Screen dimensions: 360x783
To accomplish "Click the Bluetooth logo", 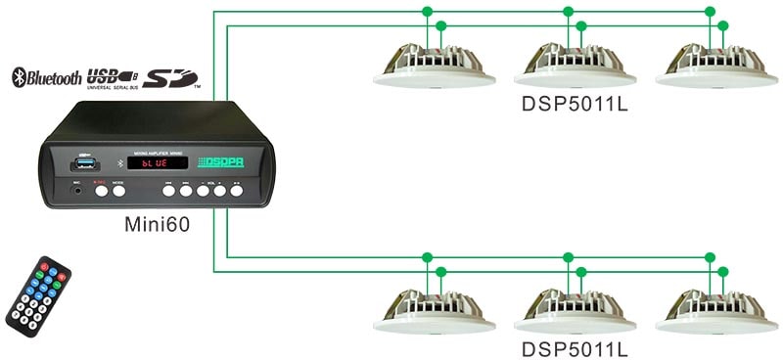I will pyautogui.click(x=45, y=78).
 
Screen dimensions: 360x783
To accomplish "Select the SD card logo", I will pyautogui.click(x=170, y=77).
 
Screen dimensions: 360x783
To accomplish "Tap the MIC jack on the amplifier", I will pyautogui.click(x=75, y=192).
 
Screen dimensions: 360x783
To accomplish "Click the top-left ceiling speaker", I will pyautogui.click(x=433, y=67).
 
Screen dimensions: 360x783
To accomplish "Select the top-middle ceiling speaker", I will pyautogui.click(x=573, y=67).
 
